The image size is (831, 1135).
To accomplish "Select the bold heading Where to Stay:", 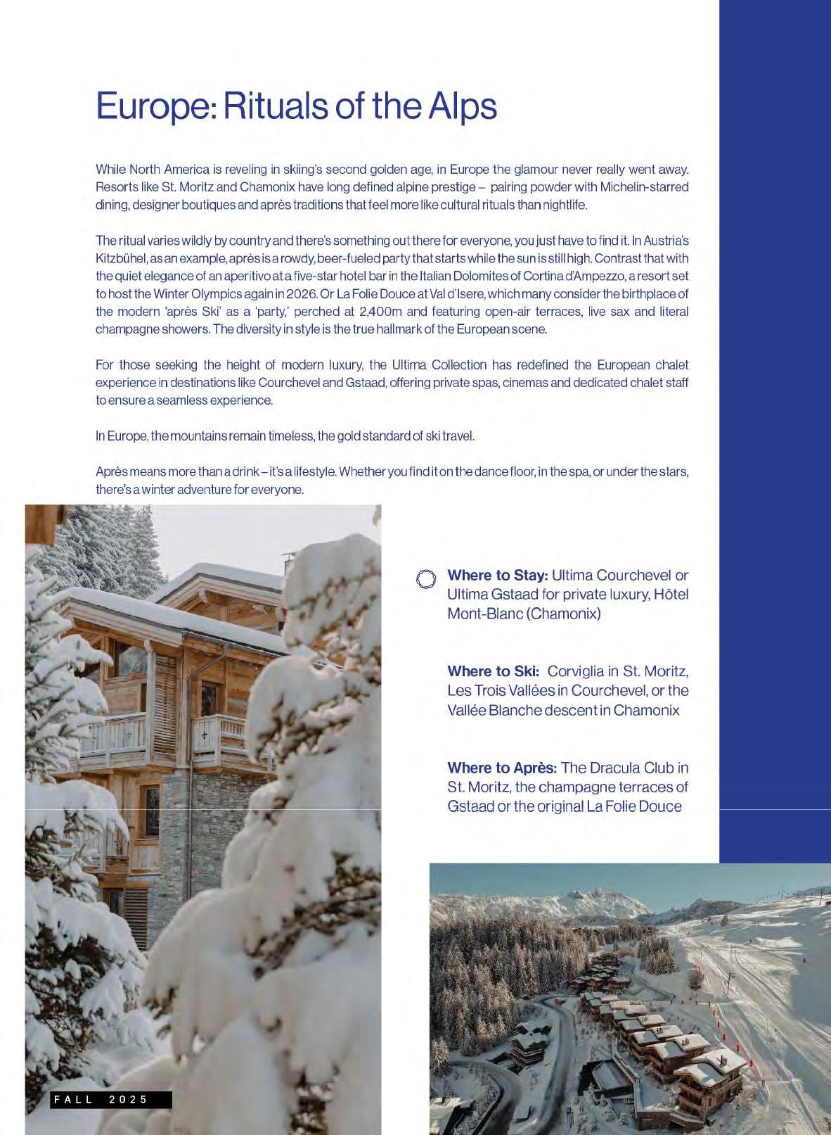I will tap(497, 575).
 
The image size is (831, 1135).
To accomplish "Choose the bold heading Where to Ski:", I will tap(493, 671).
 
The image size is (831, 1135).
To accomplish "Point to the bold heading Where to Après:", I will tap(502, 768).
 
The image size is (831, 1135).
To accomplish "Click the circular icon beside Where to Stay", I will tap(426, 579).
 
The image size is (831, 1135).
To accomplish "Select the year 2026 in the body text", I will tap(302, 293).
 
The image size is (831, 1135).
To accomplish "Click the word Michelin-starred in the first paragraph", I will tap(644, 187).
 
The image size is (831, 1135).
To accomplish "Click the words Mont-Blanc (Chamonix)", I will tap(524, 614).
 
